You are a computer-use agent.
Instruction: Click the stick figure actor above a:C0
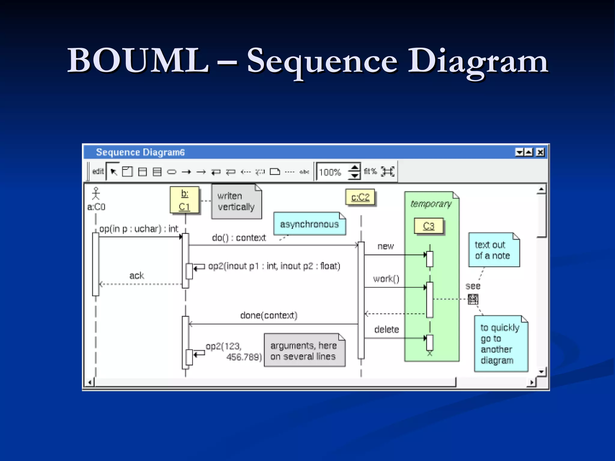tap(96, 194)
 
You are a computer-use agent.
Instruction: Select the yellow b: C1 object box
tap(185, 200)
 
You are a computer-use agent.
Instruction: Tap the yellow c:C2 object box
tap(360, 197)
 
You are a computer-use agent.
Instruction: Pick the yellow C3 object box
tap(429, 226)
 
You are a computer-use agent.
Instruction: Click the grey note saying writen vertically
tap(236, 201)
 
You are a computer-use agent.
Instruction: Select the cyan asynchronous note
tap(309, 224)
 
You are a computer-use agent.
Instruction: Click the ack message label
tap(137, 276)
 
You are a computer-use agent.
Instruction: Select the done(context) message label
tap(269, 315)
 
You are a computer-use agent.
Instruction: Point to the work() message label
tap(386, 279)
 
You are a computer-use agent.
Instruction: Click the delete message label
tap(386, 330)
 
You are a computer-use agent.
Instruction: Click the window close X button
tap(540, 152)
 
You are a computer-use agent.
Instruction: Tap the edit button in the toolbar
tap(98, 171)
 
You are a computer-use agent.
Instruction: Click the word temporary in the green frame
tap(431, 204)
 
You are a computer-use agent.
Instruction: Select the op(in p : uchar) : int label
tap(139, 229)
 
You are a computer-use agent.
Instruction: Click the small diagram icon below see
tap(473, 299)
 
